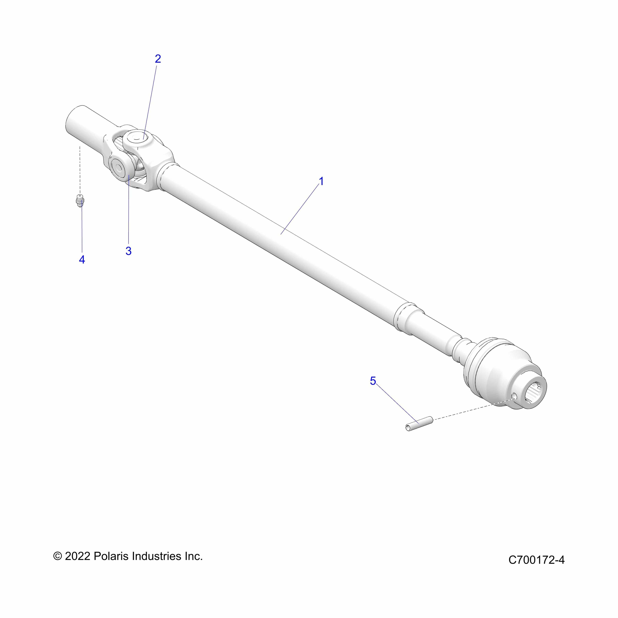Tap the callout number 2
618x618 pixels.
coord(158,59)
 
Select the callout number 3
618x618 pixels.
coord(128,251)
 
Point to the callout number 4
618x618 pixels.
coord(82,259)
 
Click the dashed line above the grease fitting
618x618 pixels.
coord(80,170)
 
